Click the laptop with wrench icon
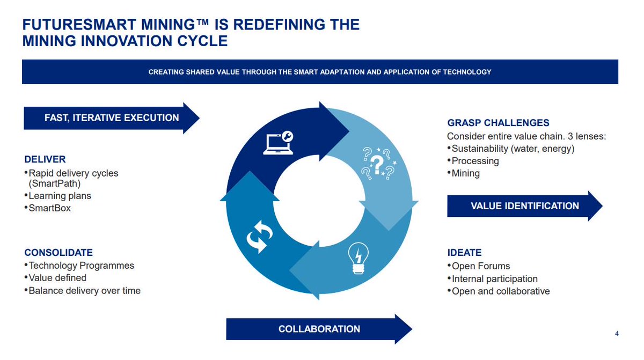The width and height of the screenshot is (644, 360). [x=279, y=142]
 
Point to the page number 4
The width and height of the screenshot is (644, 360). [x=617, y=334]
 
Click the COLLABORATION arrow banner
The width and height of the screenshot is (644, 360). [x=319, y=329]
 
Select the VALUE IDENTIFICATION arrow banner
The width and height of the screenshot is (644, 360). [x=524, y=206]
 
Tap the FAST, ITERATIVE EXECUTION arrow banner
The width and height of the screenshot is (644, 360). [x=111, y=117]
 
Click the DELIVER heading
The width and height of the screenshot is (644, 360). [x=45, y=159]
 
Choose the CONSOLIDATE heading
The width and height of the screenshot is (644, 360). [x=58, y=252]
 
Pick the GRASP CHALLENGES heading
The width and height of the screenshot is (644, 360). [x=498, y=123]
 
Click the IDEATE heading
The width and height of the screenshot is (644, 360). [x=464, y=252]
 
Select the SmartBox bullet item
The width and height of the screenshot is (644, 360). [x=49, y=208]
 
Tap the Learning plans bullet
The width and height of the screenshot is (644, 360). [x=60, y=196]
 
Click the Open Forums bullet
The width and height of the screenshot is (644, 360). [x=480, y=266]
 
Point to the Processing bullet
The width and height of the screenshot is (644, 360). [x=475, y=161]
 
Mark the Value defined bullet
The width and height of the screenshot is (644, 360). [x=57, y=278]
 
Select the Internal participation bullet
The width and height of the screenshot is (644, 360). [x=494, y=279]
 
